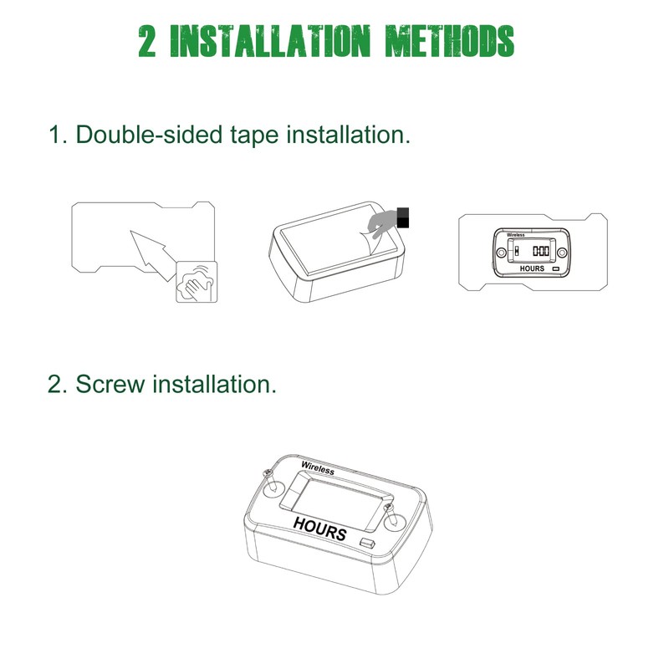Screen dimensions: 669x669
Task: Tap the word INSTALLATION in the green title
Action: click(268, 40)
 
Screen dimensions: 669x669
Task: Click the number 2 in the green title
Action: click(147, 40)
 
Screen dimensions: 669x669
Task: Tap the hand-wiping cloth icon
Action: click(197, 280)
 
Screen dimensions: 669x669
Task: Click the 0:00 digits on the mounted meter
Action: click(541, 251)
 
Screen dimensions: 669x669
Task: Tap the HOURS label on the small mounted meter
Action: click(532, 268)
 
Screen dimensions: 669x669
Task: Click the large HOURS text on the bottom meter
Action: click(319, 527)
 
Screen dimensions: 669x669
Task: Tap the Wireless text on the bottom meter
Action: click(317, 468)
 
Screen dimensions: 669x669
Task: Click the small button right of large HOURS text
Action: click(367, 544)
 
